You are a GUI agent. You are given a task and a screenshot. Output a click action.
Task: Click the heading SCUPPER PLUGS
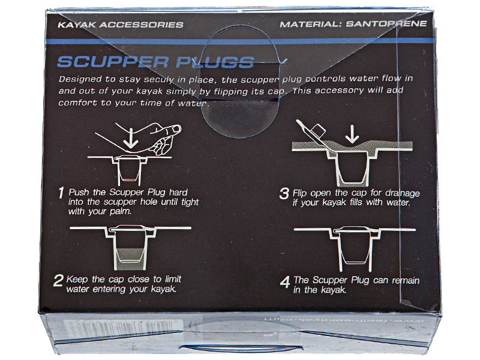tap(155, 62)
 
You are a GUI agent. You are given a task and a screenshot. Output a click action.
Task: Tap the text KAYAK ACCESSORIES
tap(118, 25)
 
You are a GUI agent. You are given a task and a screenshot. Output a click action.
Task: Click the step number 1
tap(61, 194)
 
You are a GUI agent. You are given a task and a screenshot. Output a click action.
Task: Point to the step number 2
tap(58, 281)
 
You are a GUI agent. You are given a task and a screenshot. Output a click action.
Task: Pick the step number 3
tap(284, 194)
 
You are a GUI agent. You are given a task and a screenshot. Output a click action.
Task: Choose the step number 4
tap(285, 281)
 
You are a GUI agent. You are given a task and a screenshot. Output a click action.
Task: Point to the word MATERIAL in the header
tap(309, 25)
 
